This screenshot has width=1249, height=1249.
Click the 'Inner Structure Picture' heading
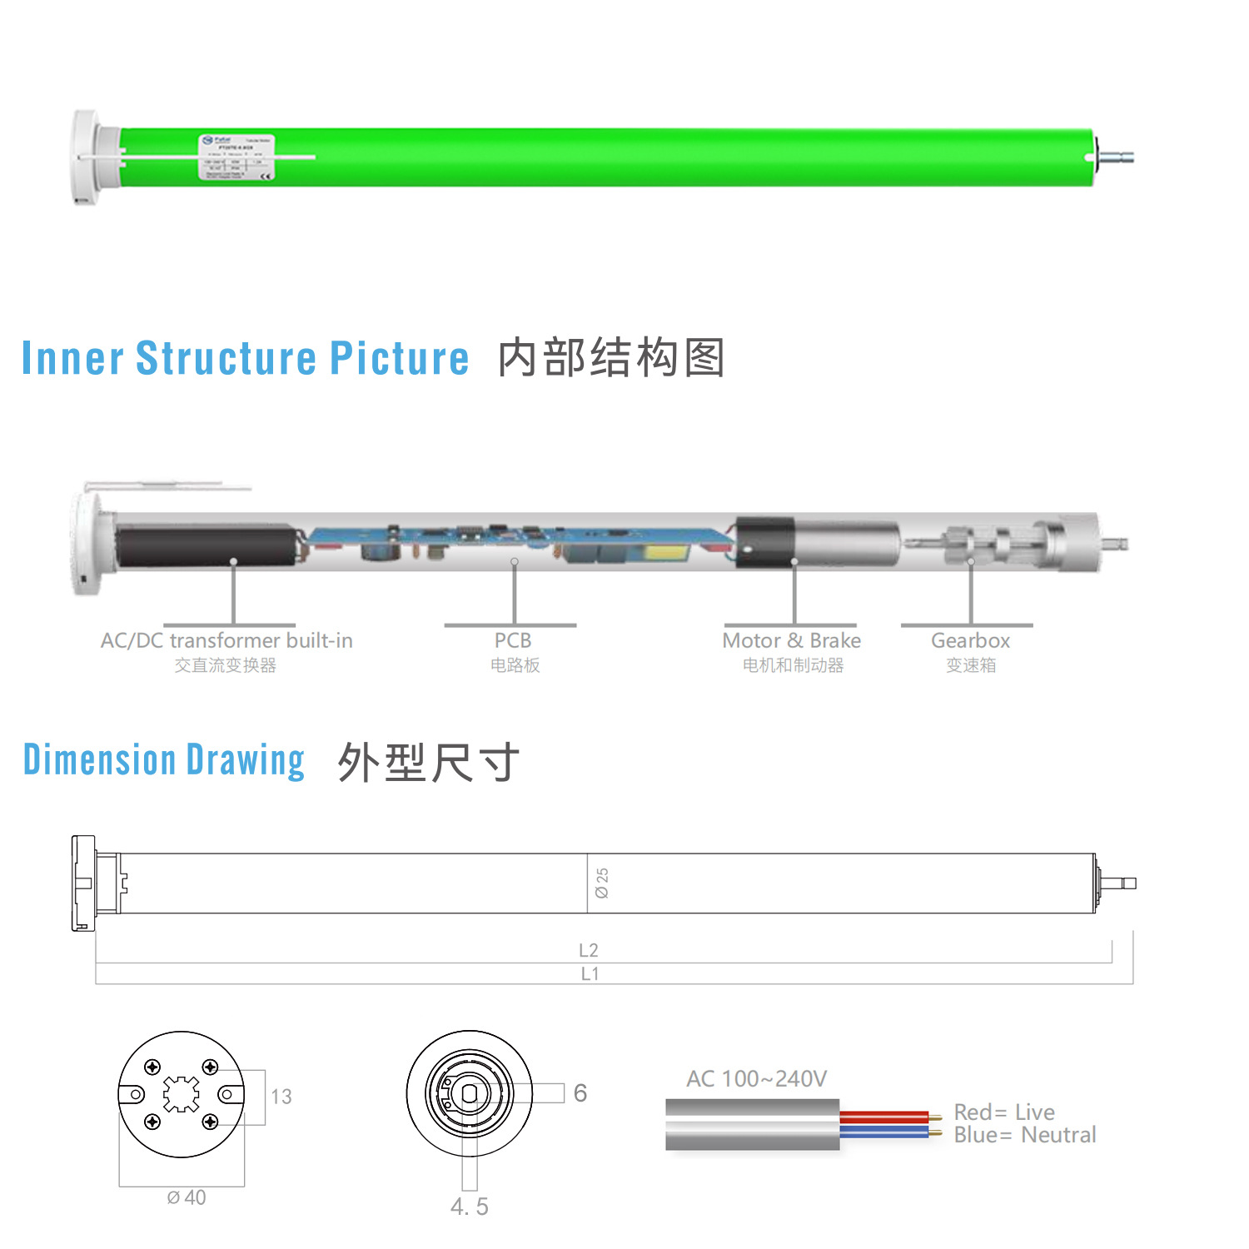tap(245, 358)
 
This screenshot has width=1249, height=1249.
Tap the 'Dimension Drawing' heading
tap(164, 760)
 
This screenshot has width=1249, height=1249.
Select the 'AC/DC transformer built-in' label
tap(226, 640)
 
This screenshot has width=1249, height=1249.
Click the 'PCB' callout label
tap(513, 640)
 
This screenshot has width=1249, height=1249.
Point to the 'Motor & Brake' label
tap(791, 640)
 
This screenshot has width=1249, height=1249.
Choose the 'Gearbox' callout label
tap(970, 640)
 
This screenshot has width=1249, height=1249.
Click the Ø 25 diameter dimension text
tap(602, 883)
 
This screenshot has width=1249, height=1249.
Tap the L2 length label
tap(589, 950)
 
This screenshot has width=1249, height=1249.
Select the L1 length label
tap(590, 973)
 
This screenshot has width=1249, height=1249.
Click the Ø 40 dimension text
tap(187, 1197)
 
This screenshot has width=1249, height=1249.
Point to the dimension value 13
tap(281, 1097)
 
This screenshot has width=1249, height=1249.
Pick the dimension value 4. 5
tap(470, 1207)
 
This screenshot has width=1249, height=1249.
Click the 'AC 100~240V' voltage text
tap(756, 1079)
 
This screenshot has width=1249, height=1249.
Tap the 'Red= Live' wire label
tap(1004, 1112)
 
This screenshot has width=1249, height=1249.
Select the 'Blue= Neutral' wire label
tap(1025, 1135)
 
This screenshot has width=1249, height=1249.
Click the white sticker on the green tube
tap(236, 157)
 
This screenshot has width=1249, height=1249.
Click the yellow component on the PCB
tap(668, 552)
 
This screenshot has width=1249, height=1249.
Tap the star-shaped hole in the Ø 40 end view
tap(182, 1094)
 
